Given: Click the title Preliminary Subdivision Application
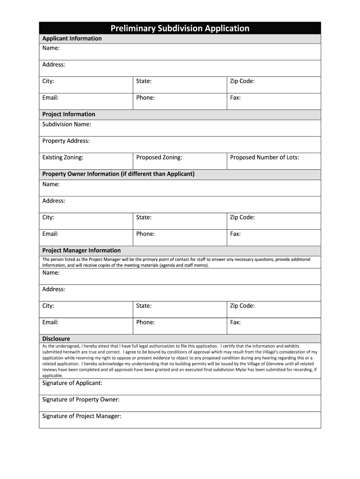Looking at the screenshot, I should (x=180, y=29).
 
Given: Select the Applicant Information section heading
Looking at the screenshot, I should (x=72, y=38).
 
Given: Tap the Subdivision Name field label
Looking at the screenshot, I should (x=67, y=124).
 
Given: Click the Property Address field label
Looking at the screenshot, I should (x=66, y=141).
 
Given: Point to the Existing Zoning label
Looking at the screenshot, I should (x=63, y=158).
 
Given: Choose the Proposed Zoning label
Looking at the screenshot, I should (x=159, y=158).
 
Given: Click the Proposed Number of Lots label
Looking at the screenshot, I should (x=264, y=158).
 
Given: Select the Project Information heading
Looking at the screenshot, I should (x=69, y=114).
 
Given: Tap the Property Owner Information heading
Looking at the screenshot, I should (x=118, y=174).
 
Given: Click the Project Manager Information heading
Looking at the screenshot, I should (x=81, y=250).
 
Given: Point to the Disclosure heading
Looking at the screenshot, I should (x=56, y=339).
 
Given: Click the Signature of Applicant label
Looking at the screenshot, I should (x=72, y=383).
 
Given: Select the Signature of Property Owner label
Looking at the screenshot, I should (x=81, y=399).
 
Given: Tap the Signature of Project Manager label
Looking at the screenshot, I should (x=82, y=416).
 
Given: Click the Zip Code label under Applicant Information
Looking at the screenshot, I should (x=242, y=81).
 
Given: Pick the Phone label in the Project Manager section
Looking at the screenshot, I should (x=145, y=322).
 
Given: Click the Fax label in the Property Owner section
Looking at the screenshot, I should (x=235, y=234).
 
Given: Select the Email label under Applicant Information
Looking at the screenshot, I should (x=50, y=98).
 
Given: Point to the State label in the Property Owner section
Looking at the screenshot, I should (x=144, y=218).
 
